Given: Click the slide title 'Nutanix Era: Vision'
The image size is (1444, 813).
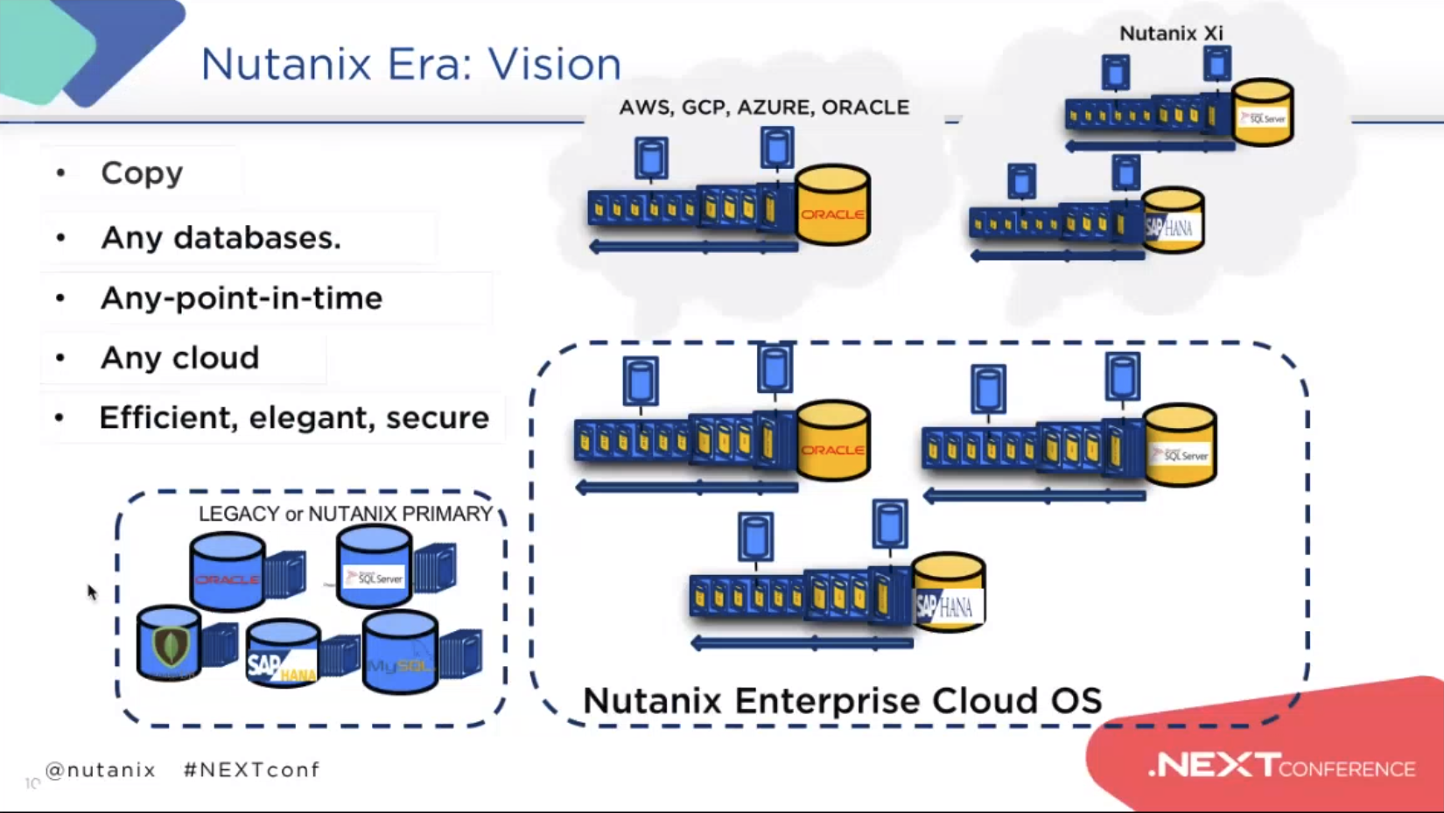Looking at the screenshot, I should (410, 64).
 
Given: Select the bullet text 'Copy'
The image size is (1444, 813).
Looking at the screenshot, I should (142, 173).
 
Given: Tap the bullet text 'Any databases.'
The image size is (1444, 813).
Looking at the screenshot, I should (221, 237).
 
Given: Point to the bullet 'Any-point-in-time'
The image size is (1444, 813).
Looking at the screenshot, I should (242, 298).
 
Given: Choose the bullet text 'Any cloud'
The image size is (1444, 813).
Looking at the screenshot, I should (180, 358).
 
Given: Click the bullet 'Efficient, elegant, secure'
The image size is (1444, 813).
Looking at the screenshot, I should (294, 418).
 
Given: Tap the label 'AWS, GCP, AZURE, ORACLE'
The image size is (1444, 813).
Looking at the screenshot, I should (764, 108).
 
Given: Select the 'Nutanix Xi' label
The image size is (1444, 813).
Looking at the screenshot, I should (1171, 34).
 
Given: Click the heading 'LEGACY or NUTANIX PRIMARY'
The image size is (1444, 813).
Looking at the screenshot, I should (345, 514).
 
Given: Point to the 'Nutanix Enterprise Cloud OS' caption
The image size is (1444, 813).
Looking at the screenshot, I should (842, 700).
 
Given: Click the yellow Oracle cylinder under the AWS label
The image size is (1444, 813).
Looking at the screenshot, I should (832, 206).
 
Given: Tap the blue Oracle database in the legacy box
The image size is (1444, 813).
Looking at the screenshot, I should (227, 572).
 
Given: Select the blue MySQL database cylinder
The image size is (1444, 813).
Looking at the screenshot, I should (400, 653).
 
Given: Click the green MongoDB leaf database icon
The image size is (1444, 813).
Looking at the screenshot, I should (169, 645).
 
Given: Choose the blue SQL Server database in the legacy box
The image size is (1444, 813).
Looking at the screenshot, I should (374, 569).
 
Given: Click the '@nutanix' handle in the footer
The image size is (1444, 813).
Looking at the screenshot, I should (101, 770).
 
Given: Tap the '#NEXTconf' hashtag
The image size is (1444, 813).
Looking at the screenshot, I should (252, 770).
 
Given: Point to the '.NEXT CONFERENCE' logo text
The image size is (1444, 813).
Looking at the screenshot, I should (1281, 767).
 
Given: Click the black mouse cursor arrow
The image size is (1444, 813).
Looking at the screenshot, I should (92, 592).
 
